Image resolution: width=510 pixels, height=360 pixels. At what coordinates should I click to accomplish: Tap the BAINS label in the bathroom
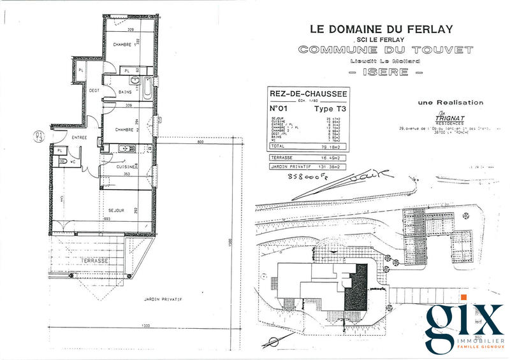[126, 92]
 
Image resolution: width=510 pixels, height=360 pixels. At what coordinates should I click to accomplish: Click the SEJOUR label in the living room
[116, 210]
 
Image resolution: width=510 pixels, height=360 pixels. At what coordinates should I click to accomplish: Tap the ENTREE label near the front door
[79, 137]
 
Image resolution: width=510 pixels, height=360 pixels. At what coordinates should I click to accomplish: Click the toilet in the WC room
[65, 162]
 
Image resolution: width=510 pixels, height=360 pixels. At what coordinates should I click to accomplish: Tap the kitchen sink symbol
[125, 149]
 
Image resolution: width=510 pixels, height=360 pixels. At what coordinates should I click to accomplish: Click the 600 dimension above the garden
[200, 143]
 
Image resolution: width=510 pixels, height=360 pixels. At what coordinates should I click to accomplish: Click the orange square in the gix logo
[464, 298]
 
